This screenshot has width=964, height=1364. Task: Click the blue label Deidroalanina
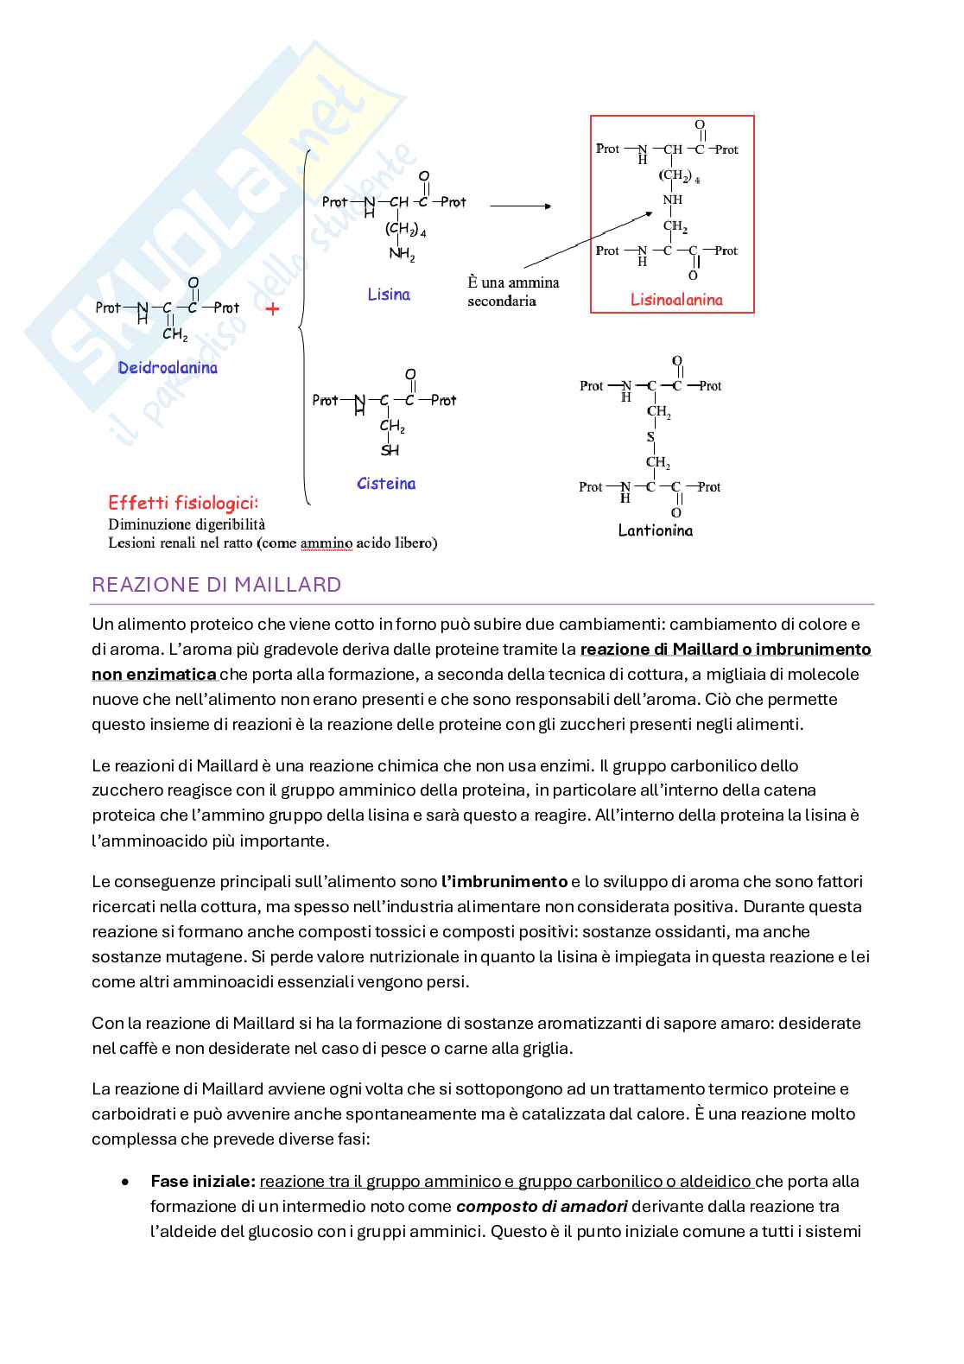point(168,368)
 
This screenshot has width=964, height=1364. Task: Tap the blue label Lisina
point(389,295)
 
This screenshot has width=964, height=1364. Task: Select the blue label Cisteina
point(386,484)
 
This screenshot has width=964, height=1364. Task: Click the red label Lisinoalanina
point(676,300)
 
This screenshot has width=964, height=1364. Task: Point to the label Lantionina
point(656,530)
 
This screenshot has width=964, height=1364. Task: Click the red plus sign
point(273,308)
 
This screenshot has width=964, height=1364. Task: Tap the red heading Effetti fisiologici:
point(183,503)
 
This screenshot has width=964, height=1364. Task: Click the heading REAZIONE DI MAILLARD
point(216,585)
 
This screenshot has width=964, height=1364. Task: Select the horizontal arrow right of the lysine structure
point(520,206)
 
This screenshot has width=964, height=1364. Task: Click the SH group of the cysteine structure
point(390,450)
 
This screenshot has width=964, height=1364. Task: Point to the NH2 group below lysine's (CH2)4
point(402,254)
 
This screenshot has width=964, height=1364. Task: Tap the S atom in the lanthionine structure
point(651,437)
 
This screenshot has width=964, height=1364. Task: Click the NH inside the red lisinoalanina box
point(673,200)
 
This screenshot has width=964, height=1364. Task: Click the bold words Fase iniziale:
point(203,1181)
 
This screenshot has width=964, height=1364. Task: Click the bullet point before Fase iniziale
point(127,1182)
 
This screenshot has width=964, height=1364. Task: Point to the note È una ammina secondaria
point(513,291)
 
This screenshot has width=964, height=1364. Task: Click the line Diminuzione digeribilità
point(187,524)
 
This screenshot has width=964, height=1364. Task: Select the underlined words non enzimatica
point(154,674)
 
